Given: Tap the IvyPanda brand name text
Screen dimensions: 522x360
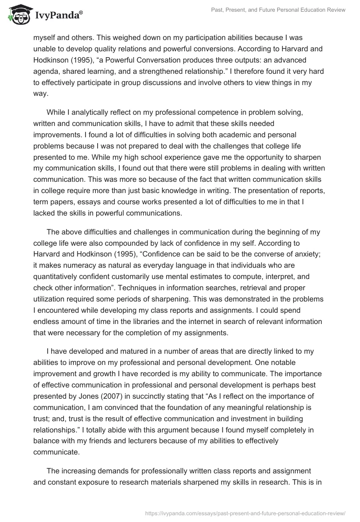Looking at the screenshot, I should [58, 15].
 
